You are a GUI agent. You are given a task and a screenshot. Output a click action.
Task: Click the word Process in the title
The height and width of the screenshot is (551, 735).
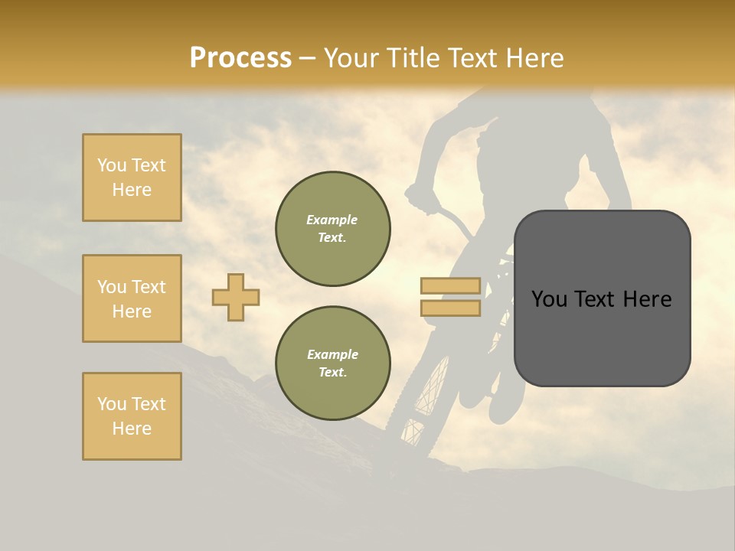(240, 57)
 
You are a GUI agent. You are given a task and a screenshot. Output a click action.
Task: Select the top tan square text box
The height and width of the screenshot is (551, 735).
(132, 178)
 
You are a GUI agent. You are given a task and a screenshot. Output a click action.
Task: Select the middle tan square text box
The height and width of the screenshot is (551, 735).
(132, 298)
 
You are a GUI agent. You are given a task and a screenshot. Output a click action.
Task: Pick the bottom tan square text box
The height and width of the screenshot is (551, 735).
(132, 416)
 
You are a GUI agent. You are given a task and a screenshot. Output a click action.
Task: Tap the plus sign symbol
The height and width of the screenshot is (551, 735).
(236, 297)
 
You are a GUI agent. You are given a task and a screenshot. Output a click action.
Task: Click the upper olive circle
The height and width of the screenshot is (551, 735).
(332, 228)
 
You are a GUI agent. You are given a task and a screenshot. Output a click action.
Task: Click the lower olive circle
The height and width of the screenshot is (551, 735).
(332, 364)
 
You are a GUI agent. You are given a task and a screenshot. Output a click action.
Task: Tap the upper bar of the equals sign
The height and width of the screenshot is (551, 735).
(450, 286)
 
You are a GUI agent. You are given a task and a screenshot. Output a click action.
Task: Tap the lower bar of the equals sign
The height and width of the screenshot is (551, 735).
(450, 308)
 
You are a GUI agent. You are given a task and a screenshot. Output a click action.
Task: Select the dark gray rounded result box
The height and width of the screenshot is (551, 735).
(602, 344)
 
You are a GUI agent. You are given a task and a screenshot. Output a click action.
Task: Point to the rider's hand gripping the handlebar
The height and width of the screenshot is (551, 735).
(420, 201)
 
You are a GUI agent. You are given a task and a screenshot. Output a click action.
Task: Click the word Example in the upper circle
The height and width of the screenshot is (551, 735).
(332, 220)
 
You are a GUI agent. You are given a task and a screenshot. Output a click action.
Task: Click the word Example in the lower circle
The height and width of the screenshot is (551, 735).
(332, 354)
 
